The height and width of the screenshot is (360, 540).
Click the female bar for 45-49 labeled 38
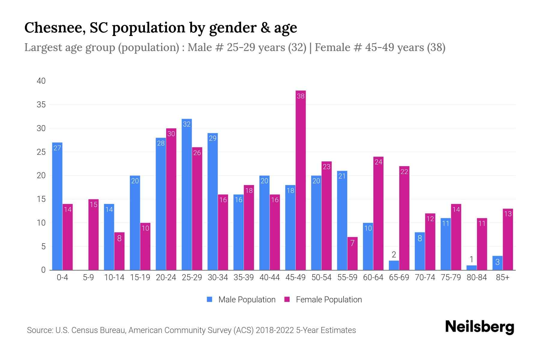[x=301, y=180]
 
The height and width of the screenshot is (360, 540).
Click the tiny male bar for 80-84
[x=472, y=268]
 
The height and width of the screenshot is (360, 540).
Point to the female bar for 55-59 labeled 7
[x=352, y=253]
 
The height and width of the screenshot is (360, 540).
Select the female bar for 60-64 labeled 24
[x=378, y=213]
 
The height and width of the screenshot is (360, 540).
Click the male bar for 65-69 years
[x=394, y=265]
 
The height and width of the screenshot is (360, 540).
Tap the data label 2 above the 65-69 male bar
[x=394, y=255]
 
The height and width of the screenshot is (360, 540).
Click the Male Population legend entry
[x=241, y=299]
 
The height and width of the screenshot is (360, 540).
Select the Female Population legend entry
[x=323, y=299]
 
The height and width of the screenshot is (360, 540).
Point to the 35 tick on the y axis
[x=41, y=105]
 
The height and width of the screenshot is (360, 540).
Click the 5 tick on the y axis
[x=43, y=247]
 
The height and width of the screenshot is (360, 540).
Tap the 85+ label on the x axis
[x=502, y=277]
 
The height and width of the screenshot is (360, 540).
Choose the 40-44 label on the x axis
[x=269, y=277]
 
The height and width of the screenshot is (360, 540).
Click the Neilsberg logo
[x=479, y=327]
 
